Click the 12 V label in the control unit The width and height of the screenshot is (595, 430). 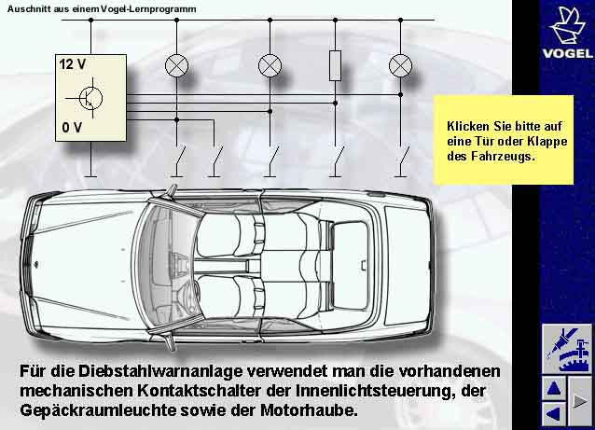coord(72,65)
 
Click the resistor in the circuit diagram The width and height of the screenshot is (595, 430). coord(336,65)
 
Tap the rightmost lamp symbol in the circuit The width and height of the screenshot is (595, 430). coord(401,65)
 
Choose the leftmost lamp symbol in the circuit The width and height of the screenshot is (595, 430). coord(177,65)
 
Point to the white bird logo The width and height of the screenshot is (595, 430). coord(566,25)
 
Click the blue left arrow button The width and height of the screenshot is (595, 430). coord(554,412)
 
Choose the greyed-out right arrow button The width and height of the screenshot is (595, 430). coord(580,401)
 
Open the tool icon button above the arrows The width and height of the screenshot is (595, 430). coord(567,348)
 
